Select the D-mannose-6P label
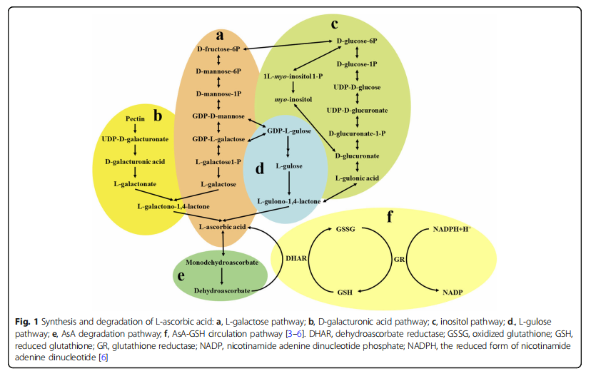pos(218,71)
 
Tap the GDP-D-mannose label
pos(218,116)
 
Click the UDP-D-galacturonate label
pos(135,139)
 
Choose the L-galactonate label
pos(135,184)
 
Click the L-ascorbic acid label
pos(222,227)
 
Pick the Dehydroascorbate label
pos(224,291)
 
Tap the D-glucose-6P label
pos(357,41)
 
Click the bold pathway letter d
pos(260,169)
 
